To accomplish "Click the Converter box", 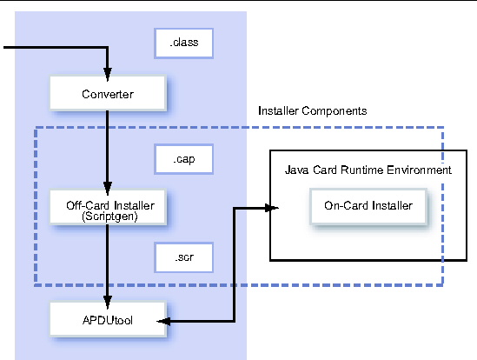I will (x=107, y=93).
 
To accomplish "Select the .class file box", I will (x=183, y=41).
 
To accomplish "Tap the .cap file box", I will (x=183, y=160).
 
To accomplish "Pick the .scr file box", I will (x=183, y=258).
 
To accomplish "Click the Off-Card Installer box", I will (x=107, y=210).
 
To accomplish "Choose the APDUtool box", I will (x=107, y=321).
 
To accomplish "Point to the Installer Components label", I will (x=313, y=111).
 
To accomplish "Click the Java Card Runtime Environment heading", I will (x=368, y=170).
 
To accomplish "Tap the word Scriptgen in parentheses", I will (x=107, y=216).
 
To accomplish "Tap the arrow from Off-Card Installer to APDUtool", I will (x=107, y=261).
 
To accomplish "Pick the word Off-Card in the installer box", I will (x=87, y=205).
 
